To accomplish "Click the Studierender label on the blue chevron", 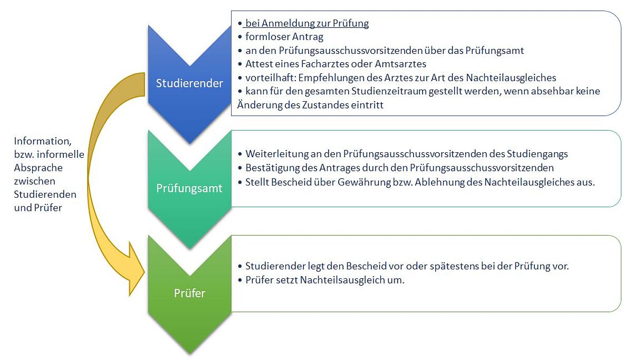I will coord(189,83).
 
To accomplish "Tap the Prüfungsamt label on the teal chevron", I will coord(189,188).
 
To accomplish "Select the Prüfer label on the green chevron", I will coord(189,293).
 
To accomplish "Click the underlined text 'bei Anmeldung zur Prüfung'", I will coord(307,23).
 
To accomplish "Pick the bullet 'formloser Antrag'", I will coord(284,37).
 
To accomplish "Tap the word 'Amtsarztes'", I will coord(403,64).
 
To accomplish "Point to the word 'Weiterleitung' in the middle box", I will coord(274,154).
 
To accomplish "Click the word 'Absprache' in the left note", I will coord(38,168).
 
